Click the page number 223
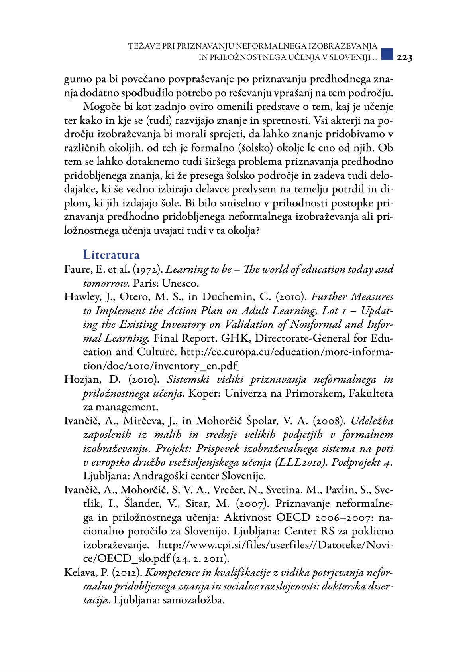pos(404,58)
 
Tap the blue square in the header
pos(387,54)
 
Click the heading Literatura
pos(111,255)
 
